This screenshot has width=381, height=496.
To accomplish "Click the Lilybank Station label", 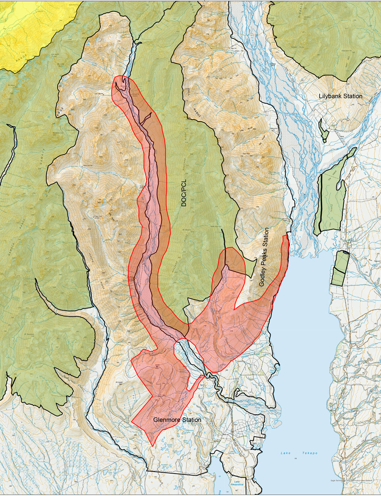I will click(x=340, y=96).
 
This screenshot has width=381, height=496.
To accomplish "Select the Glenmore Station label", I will click(x=177, y=419).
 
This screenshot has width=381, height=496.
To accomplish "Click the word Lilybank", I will click(x=329, y=96).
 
